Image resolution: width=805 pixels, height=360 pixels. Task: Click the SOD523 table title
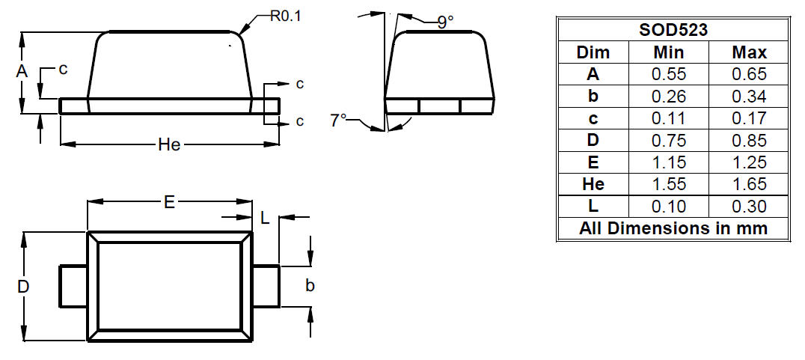pyautogui.click(x=673, y=30)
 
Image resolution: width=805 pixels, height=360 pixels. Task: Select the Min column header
pyautogui.click(x=668, y=52)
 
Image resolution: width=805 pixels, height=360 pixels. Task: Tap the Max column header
pyautogui.click(x=749, y=52)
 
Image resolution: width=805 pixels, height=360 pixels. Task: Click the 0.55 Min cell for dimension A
pyautogui.click(x=668, y=74)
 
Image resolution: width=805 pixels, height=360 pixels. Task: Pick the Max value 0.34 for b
pyautogui.click(x=749, y=97)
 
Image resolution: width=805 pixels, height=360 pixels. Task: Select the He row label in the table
pyautogui.click(x=593, y=184)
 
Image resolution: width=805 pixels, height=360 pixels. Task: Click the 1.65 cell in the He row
pyautogui.click(x=749, y=184)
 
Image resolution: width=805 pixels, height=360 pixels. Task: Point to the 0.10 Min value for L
pyautogui.click(x=668, y=206)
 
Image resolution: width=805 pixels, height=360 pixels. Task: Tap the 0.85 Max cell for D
pyautogui.click(x=749, y=140)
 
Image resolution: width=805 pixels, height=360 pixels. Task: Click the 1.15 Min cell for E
pyautogui.click(x=668, y=162)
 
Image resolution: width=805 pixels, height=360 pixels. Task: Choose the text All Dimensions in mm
pyautogui.click(x=673, y=228)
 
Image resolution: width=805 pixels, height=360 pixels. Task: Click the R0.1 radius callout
pyautogui.click(x=286, y=16)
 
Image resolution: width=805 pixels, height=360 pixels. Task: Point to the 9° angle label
pyautogui.click(x=446, y=22)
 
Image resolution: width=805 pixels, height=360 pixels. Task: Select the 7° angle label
pyautogui.click(x=338, y=120)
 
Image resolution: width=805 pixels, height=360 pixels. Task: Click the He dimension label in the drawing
pyautogui.click(x=169, y=144)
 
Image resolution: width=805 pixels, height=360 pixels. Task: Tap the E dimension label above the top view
pyautogui.click(x=169, y=203)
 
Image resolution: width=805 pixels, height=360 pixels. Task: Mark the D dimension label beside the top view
pyautogui.click(x=22, y=287)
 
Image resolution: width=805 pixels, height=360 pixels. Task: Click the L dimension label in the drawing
pyautogui.click(x=265, y=219)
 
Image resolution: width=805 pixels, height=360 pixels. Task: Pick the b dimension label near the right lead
pyautogui.click(x=310, y=286)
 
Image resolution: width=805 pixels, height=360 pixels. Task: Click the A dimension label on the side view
pyautogui.click(x=21, y=71)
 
